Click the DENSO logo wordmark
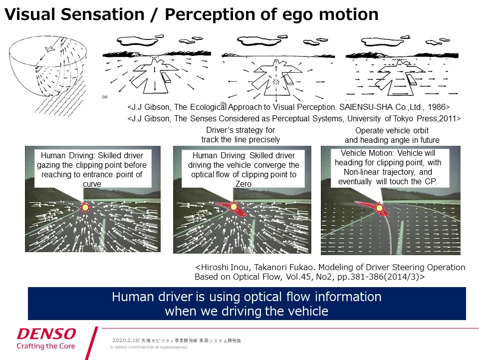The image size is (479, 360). click(46, 334)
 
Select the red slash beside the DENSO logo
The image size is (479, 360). click(92, 344)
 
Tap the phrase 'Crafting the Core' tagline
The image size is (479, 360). click(46, 346)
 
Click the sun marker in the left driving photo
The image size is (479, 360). click(86, 207)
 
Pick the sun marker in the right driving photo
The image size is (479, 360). click(379, 207)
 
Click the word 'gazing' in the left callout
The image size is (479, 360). click(48, 165)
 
